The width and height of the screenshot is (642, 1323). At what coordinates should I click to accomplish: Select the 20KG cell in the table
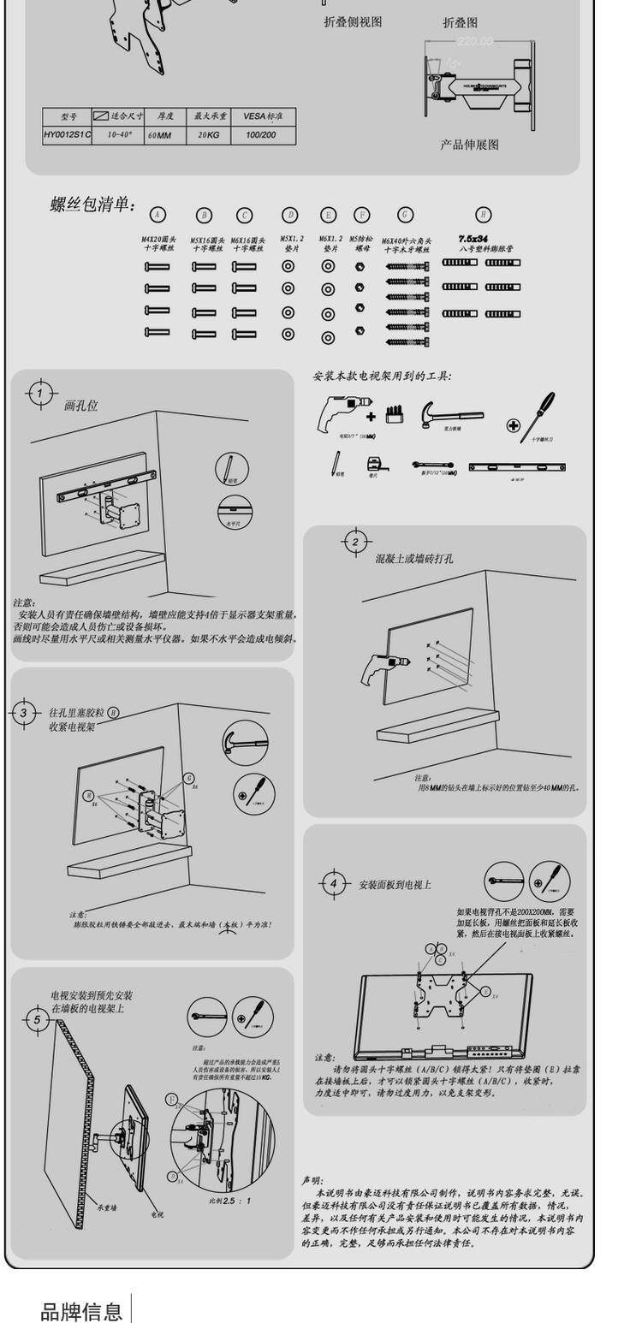tap(209, 135)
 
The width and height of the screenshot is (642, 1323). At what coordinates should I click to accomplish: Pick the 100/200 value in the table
tap(261, 135)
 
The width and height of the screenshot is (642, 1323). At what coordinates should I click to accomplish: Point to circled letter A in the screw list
tap(158, 215)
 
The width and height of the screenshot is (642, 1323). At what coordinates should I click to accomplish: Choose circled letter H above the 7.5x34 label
tap(484, 215)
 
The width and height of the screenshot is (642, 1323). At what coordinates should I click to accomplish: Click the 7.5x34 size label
tap(473, 239)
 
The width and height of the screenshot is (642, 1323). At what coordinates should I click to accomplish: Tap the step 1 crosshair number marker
tap(39, 394)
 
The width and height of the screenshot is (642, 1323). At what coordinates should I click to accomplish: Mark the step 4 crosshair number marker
tap(335, 884)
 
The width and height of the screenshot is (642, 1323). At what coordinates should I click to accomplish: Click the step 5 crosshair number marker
tap(37, 1019)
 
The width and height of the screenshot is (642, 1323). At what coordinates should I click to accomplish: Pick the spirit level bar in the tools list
tap(516, 467)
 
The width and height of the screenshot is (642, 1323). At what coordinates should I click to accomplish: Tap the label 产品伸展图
tap(469, 145)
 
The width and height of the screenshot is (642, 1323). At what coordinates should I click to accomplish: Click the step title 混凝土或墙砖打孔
tap(414, 559)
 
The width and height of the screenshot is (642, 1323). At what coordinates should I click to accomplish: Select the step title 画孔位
tap(81, 406)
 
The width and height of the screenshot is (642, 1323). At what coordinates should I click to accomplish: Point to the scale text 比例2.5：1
tap(231, 1201)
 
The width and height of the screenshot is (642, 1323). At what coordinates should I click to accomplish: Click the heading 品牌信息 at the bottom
tap(82, 1310)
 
